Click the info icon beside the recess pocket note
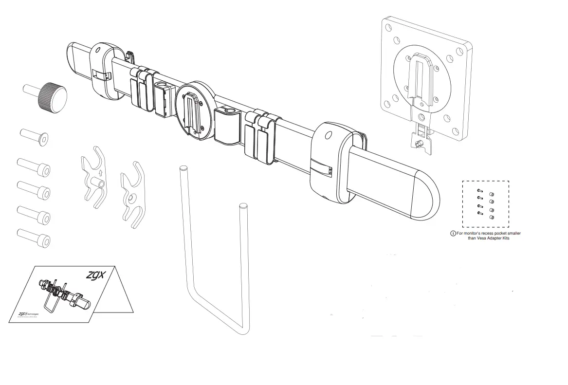(453, 234)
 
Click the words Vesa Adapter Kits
(487, 238)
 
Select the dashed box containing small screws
(485, 204)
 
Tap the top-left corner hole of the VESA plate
(390, 28)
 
